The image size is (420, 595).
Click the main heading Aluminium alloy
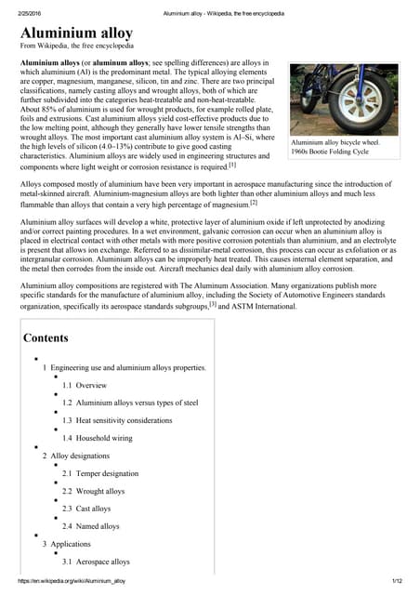pyautogui.click(x=76, y=33)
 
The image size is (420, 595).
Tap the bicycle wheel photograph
pyautogui.click(x=344, y=99)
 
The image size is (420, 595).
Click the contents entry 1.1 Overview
pyautogui.click(x=85, y=385)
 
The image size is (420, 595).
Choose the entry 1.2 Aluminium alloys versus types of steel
pyautogui.click(x=130, y=403)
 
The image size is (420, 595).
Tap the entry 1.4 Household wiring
pyautogui.click(x=98, y=438)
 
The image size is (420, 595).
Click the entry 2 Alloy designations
pyautogui.click(x=81, y=456)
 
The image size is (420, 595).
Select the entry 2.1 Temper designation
pyautogui.click(x=100, y=473)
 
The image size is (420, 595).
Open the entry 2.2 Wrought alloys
pyautogui.click(x=93, y=491)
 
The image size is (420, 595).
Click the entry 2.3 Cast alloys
pyautogui.click(x=86, y=509)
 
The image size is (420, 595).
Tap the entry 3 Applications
pyautogui.click(x=66, y=544)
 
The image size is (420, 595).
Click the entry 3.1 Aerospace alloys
pyautogui.click(x=96, y=562)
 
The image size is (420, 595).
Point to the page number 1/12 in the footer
pyautogui.click(x=397, y=581)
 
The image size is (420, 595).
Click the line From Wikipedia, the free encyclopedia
pyautogui.click(x=77, y=46)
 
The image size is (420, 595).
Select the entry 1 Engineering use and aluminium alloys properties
pyautogui.click(x=125, y=367)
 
